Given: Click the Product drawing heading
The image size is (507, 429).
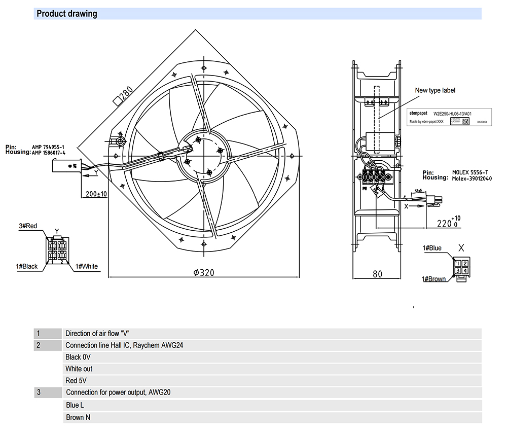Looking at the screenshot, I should click(67, 14).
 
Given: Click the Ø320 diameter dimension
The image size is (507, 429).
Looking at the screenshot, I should click(204, 273).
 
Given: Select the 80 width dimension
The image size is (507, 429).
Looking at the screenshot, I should click(377, 274).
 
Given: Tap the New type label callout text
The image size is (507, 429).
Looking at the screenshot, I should click(435, 91).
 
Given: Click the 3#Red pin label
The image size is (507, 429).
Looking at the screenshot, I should click(28, 226).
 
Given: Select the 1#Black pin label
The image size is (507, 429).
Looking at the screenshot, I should click(27, 266).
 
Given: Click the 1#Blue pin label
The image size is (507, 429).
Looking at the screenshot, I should click(432, 248).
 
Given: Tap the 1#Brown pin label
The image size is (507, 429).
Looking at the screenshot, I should click(434, 279).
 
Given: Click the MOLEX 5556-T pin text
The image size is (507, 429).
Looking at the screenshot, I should click(471, 173).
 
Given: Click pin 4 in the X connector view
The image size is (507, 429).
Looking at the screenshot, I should click(464, 271).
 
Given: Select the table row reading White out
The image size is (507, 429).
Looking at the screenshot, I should click(79, 369).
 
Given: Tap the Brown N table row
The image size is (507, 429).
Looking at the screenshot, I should click(78, 417).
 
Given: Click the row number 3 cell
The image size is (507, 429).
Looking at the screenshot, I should click(38, 392).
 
